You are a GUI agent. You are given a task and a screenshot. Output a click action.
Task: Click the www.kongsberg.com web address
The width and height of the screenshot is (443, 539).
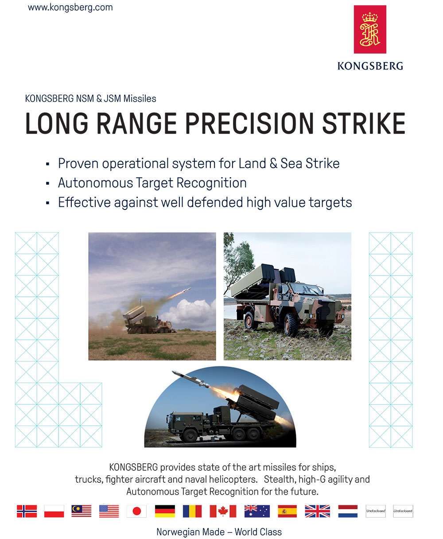click(x=70, y=8)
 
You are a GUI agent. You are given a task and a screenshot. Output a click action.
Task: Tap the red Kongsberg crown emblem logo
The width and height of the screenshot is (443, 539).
click(x=370, y=29)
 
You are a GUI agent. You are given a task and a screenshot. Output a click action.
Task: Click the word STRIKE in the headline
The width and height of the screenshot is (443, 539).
click(x=364, y=124)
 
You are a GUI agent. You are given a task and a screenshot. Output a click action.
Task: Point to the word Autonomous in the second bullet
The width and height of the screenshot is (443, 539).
click(x=96, y=183)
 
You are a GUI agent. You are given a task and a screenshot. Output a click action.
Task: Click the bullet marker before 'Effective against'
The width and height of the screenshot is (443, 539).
click(x=47, y=203)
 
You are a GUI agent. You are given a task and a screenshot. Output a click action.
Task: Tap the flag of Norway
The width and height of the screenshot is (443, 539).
click(x=27, y=511)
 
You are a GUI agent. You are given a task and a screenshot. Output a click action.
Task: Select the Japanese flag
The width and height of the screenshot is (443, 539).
click(x=136, y=511)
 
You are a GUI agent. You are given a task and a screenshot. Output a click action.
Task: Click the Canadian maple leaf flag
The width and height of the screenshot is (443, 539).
click(x=223, y=511)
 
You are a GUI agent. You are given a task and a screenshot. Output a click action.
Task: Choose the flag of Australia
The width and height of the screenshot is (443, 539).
click(x=257, y=511)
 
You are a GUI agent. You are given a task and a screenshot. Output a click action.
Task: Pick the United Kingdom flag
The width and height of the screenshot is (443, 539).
click(x=318, y=511)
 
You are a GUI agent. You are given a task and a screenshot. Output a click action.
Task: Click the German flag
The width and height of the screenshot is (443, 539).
click(x=165, y=511)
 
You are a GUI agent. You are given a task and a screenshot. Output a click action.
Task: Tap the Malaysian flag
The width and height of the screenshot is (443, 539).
click(x=81, y=511)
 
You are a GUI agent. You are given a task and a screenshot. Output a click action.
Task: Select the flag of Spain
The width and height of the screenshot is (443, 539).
click(x=288, y=511)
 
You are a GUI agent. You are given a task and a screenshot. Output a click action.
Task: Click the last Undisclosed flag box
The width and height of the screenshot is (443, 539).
click(x=403, y=511)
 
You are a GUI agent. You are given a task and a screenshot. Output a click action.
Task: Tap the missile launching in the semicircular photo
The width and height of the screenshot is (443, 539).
click(x=190, y=379)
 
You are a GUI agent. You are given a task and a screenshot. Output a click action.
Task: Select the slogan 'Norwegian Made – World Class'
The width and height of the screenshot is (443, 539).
click(x=219, y=532)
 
